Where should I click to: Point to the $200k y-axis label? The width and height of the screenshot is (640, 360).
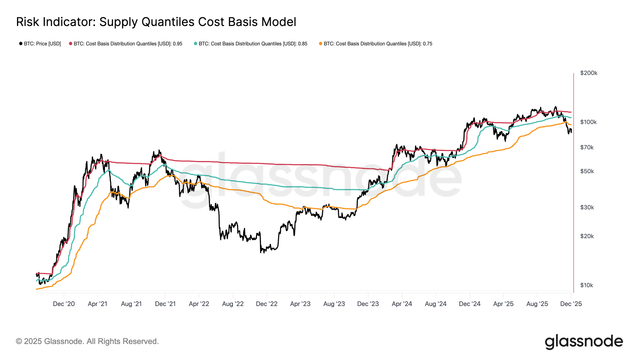click(x=588, y=73)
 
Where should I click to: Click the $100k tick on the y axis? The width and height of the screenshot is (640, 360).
click(x=588, y=122)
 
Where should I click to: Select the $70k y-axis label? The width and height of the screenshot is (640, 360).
click(x=587, y=148)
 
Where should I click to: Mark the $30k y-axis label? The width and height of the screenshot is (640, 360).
click(x=587, y=208)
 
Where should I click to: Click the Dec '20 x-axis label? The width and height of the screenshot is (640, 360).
click(x=64, y=304)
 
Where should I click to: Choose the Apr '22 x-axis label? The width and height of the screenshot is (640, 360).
click(x=199, y=304)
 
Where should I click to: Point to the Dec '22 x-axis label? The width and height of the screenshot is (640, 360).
click(x=267, y=304)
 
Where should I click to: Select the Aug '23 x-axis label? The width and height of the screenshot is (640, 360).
click(x=334, y=304)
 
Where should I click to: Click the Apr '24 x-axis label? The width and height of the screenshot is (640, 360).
click(x=402, y=304)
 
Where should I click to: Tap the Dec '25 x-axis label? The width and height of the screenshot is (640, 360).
click(x=571, y=304)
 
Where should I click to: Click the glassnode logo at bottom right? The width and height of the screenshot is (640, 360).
click(x=584, y=341)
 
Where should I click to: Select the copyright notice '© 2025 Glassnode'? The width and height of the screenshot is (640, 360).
click(x=87, y=341)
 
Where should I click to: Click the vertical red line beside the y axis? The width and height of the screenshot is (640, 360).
click(x=573, y=182)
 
